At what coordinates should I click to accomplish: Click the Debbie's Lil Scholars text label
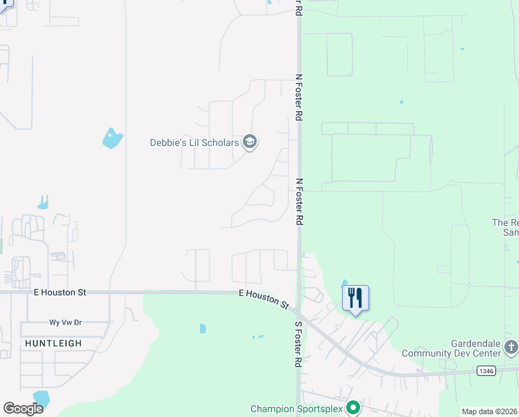pos(194,143)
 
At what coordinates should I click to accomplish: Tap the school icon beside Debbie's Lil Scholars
pos(250,143)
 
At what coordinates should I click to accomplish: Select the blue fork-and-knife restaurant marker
pos(355,298)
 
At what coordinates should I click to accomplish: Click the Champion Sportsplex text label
pos(298,409)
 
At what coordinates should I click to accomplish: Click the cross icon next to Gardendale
pos(511,347)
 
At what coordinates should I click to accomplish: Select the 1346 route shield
pos(486,372)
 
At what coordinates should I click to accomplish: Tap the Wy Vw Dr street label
pos(65,322)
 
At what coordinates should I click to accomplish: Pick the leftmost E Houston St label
pos(60,293)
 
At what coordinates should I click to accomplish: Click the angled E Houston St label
pos(264,299)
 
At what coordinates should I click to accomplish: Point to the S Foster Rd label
pos(298,344)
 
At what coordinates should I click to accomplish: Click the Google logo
pos(22,409)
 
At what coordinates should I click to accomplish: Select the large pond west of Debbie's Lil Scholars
pos(112,138)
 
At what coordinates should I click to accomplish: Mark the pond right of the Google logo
pos(42,399)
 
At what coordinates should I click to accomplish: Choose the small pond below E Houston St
pos(203,328)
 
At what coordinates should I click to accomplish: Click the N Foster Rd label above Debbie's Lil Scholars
pos(299,98)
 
